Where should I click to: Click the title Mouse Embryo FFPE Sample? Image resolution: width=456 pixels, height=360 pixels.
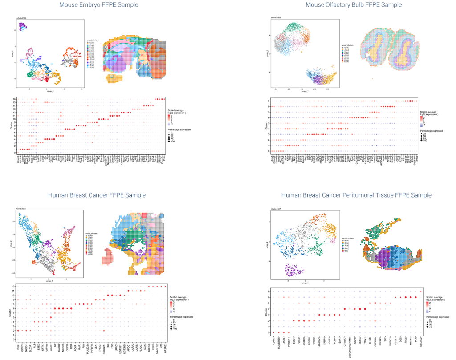tap(99, 5)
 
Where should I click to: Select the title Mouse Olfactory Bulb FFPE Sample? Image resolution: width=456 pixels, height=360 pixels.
tap(354, 5)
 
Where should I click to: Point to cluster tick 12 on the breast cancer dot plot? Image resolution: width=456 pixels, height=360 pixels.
tap(14, 286)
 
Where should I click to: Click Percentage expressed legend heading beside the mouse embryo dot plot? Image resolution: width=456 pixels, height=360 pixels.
tap(179, 129)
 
